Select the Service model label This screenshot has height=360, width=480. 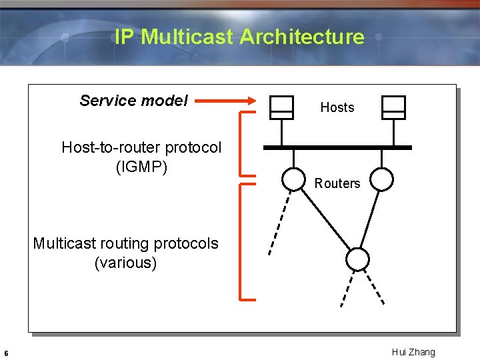click(x=133, y=101)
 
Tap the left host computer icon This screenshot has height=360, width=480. click(x=281, y=107)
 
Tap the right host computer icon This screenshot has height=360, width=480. click(x=393, y=107)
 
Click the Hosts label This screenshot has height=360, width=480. click(x=337, y=107)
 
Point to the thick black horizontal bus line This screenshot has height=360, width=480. click(x=337, y=147)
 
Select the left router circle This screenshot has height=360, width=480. click(x=293, y=179)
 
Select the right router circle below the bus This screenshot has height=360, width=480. click(x=382, y=179)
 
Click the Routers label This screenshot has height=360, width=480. click(x=337, y=183)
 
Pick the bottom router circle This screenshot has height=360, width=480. click(x=358, y=259)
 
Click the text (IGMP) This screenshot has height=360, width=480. click(x=141, y=167)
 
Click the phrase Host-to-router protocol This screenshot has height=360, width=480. click(x=141, y=147)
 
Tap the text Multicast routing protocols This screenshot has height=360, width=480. click(x=125, y=243)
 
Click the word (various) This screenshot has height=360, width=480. click(x=125, y=263)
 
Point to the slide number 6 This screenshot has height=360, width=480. click(x=6, y=353)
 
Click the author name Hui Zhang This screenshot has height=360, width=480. click(x=413, y=352)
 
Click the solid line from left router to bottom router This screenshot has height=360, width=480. click(x=325, y=219)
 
